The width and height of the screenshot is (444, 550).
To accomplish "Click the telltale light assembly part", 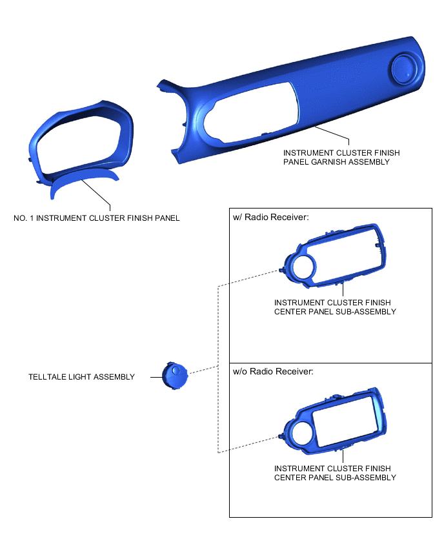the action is (175, 376).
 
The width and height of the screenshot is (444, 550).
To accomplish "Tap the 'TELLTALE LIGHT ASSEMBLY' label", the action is (81, 377).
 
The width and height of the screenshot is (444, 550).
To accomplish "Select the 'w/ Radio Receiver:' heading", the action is (271, 217).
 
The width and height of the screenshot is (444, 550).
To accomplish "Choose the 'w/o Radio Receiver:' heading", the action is (273, 371).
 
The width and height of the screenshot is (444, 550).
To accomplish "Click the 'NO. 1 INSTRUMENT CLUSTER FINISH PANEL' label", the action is (96, 218).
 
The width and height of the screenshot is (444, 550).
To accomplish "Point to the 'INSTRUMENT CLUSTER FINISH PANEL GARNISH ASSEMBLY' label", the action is (341, 157).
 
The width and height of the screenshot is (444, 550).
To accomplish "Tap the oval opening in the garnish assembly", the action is (252, 113).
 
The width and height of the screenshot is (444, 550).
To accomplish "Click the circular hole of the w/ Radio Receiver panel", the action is (304, 267).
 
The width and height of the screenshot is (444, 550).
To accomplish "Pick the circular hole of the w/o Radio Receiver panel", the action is (304, 433).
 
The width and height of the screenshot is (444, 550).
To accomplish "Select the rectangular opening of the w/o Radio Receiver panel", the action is (345, 421).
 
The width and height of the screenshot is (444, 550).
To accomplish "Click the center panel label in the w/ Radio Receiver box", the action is (335, 307).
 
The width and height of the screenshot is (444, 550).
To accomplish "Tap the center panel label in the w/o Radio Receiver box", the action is (335, 473).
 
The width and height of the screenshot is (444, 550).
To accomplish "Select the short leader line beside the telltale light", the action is (156, 377).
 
